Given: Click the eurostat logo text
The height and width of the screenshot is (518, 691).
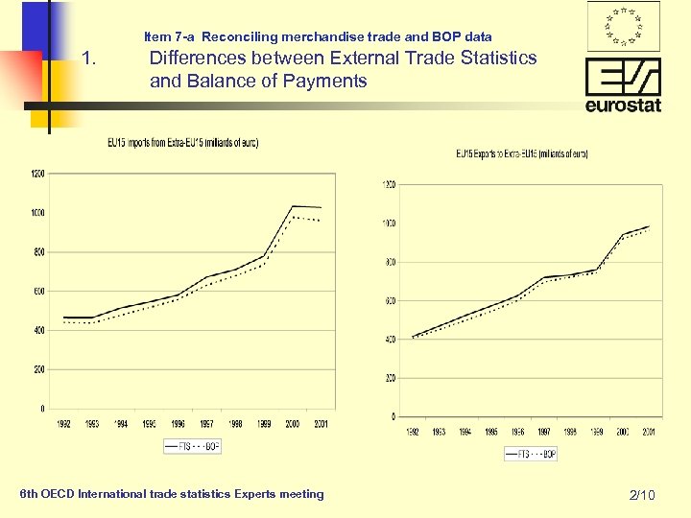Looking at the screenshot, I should (623, 105).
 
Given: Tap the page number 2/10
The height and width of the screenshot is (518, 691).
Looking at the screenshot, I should (641, 495).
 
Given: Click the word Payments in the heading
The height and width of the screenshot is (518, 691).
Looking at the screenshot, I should (332, 82).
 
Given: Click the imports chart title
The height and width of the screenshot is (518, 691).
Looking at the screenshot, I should (182, 143).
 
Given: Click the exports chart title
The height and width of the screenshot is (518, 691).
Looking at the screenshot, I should (521, 153).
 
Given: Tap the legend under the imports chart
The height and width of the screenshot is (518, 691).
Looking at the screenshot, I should (192, 446).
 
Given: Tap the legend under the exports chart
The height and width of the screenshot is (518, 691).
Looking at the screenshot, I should (530, 454).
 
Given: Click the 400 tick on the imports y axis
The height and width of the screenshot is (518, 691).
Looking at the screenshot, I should (37, 330).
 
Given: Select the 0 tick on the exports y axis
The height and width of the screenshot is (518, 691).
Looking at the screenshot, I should (393, 416).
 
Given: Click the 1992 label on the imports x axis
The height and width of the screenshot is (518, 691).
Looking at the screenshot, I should (62, 422).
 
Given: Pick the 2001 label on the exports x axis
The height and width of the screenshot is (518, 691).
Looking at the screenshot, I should (649, 432).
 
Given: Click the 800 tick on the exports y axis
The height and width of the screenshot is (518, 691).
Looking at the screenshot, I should (389, 262).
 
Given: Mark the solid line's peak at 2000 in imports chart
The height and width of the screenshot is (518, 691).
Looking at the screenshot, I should (292, 206).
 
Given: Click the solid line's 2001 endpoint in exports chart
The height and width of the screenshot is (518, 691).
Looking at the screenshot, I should (649, 226).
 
